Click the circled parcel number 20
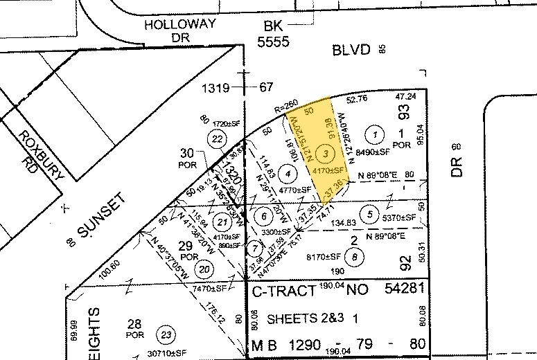coord(204,269)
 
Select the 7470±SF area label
coord(210,287)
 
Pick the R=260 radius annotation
coord(285,109)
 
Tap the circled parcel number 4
coord(286,174)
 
